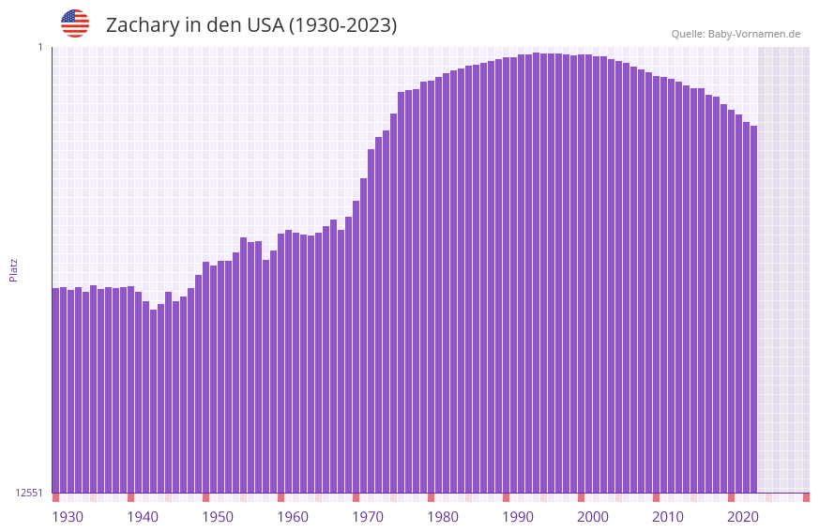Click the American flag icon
[75, 23]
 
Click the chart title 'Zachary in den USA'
[250, 25]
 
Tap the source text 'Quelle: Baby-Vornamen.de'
[736, 34]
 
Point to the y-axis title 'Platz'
[13, 269]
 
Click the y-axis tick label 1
[40, 47]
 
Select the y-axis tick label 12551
[30, 493]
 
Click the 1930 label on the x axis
[68, 517]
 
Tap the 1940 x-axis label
[143, 517]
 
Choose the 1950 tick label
[218, 517]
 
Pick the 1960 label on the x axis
[293, 517]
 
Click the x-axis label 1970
[368, 517]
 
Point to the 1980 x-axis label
[443, 517]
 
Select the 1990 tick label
[518, 517]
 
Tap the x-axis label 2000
[593, 517]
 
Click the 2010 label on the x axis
[668, 517]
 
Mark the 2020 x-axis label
[743, 517]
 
